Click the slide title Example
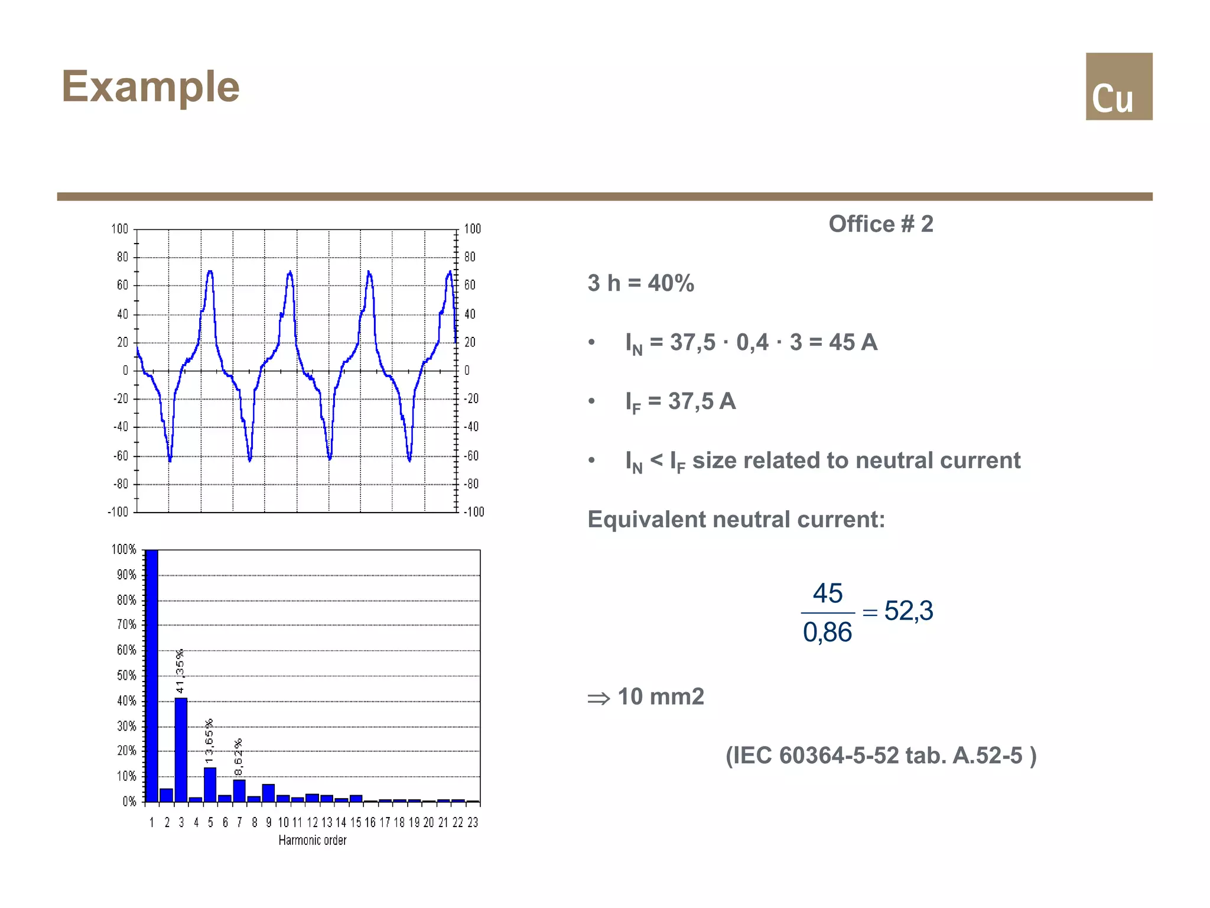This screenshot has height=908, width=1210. pyautogui.click(x=151, y=87)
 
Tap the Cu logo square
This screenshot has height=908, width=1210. pyautogui.click(x=1118, y=86)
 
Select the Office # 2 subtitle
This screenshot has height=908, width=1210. pyautogui.click(x=880, y=224)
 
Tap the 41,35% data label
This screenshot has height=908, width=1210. pyautogui.click(x=180, y=670)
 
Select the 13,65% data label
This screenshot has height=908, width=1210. pyautogui.click(x=209, y=741)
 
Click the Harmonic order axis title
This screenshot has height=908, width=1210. pyautogui.click(x=313, y=840)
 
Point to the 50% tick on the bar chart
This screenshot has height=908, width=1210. pyautogui.click(x=126, y=675)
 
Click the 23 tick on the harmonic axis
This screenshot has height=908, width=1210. pyautogui.click(x=473, y=822)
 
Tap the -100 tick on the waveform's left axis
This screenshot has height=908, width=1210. pyautogui.click(x=118, y=512)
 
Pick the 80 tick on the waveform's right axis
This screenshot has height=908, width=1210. pyautogui.click(x=470, y=257)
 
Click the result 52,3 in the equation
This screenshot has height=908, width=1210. pyautogui.click(x=908, y=611)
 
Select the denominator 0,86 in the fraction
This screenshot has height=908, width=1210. pyautogui.click(x=827, y=633)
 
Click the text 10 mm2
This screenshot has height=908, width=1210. pyautogui.click(x=661, y=697)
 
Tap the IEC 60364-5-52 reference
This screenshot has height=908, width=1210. pyautogui.click(x=880, y=755)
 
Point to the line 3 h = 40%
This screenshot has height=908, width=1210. pyautogui.click(x=640, y=283)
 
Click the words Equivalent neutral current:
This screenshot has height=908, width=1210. pyautogui.click(x=736, y=520)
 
